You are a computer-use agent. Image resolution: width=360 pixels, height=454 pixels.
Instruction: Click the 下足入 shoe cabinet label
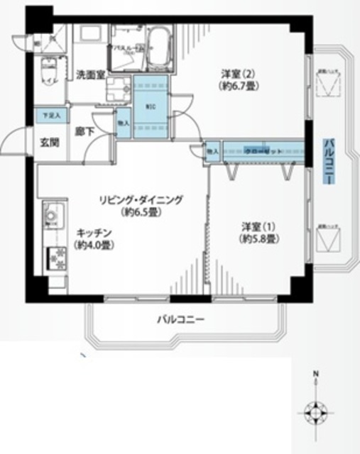51,113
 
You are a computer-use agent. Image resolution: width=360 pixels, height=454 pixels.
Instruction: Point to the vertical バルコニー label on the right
329,161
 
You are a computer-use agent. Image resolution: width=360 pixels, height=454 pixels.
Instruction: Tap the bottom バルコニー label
181,321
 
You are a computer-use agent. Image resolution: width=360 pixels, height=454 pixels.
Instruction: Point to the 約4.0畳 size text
93,245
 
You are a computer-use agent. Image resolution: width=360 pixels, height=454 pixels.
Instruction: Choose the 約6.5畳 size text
141,213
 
